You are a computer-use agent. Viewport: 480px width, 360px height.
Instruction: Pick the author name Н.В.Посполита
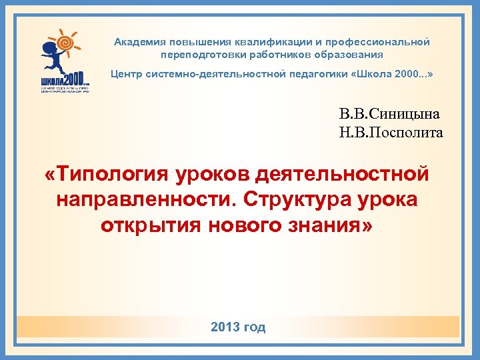[391, 133]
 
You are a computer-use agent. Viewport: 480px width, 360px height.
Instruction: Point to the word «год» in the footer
[254, 327]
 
